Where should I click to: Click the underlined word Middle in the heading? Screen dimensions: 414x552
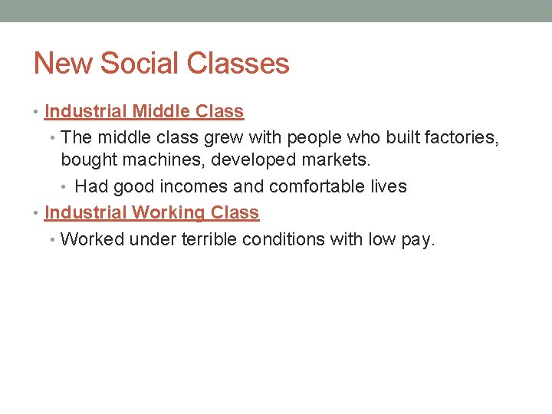pos(161,111)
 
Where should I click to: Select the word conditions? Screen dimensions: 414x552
pos(284,239)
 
